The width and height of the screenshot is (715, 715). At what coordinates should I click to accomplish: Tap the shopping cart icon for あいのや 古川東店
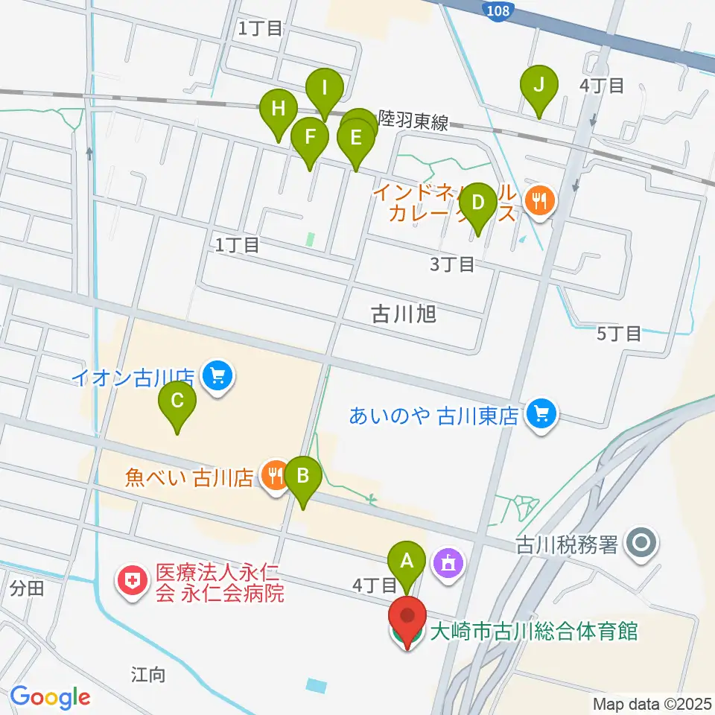click(x=541, y=414)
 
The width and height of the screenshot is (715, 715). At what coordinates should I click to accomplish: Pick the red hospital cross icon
click(x=133, y=583)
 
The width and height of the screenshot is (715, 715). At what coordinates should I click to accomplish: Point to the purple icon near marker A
click(x=449, y=562)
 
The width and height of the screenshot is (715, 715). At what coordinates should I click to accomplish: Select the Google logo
click(x=50, y=697)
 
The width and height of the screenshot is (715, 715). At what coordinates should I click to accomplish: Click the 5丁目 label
click(x=619, y=333)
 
